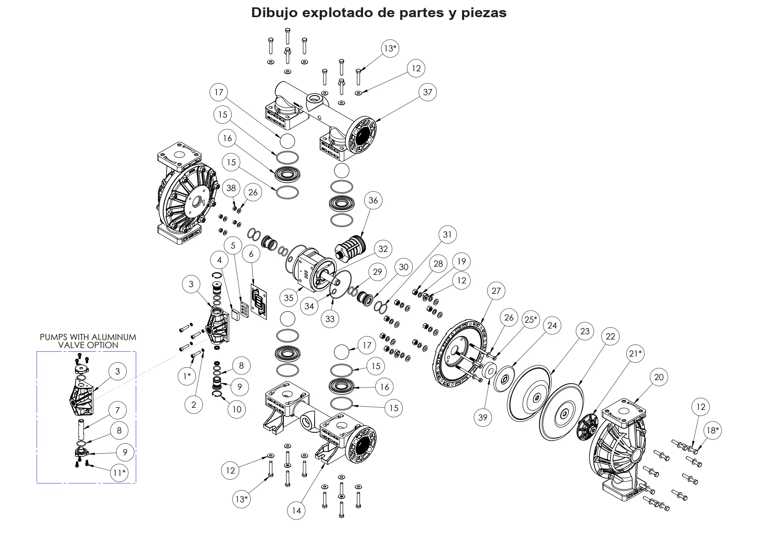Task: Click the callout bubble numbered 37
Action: point(427,92)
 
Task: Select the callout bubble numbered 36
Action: point(373,200)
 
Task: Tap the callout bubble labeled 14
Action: point(296,511)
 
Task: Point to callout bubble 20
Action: point(659,377)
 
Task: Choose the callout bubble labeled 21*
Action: point(635,354)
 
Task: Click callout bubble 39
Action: point(482,418)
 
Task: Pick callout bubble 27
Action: point(496,291)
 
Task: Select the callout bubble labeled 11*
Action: point(119,473)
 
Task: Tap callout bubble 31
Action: point(447,234)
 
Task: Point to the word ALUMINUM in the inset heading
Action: point(114,337)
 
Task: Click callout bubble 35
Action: point(288,298)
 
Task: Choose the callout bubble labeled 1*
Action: point(187,376)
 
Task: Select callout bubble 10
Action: point(237,409)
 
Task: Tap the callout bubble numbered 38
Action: point(231,188)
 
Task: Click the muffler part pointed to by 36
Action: point(350,248)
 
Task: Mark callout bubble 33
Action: point(330,319)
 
